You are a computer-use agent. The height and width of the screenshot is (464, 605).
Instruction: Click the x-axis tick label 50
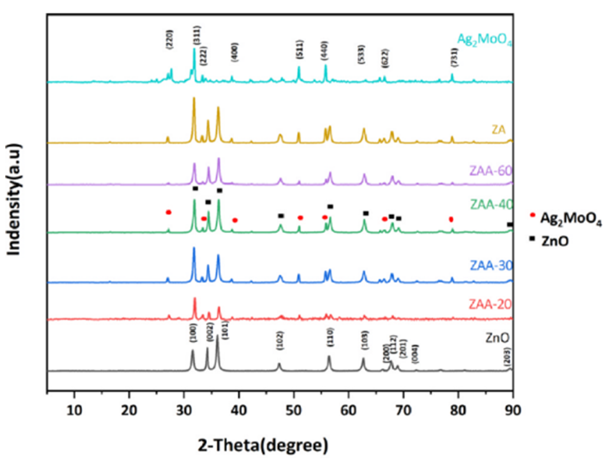(x=294, y=411)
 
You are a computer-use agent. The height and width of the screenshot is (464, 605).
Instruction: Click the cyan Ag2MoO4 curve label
(x=484, y=40)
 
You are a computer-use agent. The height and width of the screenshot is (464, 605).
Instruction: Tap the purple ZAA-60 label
(x=491, y=171)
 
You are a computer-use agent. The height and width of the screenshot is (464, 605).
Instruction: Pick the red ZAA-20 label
(x=490, y=304)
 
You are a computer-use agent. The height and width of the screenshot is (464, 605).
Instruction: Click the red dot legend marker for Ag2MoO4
(x=532, y=215)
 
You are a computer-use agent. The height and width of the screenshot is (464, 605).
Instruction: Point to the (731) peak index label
(x=454, y=57)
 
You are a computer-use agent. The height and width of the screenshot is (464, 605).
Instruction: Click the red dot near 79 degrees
(x=451, y=219)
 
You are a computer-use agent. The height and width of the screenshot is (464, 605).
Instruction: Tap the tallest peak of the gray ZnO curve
(x=218, y=336)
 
